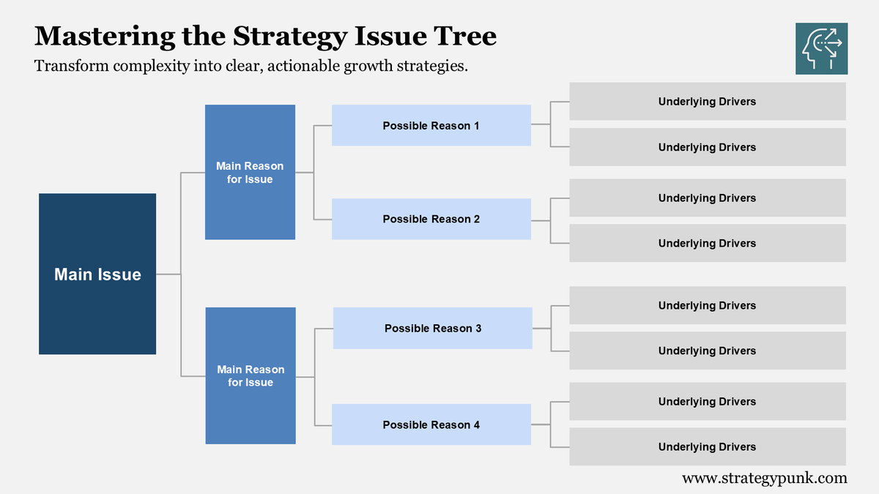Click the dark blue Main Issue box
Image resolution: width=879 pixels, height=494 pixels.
[x=97, y=274]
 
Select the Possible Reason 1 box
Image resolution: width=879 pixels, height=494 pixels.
[x=431, y=125]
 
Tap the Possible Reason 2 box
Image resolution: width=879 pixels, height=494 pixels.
[x=431, y=219]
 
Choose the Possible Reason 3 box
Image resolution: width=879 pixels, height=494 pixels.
[x=432, y=328]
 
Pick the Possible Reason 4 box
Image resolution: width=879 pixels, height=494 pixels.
[x=431, y=424]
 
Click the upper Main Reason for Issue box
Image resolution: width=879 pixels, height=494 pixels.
[x=250, y=172]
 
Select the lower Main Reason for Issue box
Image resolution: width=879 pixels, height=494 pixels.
[x=251, y=375]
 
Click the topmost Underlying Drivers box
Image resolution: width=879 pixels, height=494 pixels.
[x=707, y=101]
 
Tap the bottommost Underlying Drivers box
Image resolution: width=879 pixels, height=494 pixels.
[x=707, y=446]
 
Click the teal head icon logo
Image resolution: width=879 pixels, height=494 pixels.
[x=821, y=48]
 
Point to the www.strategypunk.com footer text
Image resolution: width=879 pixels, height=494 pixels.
[x=764, y=478]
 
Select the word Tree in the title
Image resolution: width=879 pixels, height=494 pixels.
[x=467, y=36]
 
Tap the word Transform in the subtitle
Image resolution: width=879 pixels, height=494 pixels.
[x=69, y=66]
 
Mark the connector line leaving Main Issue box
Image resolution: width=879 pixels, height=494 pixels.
[x=168, y=274]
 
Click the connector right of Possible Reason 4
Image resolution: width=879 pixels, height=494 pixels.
[x=541, y=424]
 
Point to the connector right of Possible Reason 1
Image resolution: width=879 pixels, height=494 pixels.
[x=541, y=124]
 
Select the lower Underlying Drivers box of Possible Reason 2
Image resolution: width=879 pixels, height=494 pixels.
[x=707, y=243]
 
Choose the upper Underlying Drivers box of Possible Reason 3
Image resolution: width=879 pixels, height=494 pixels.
[x=707, y=305]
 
